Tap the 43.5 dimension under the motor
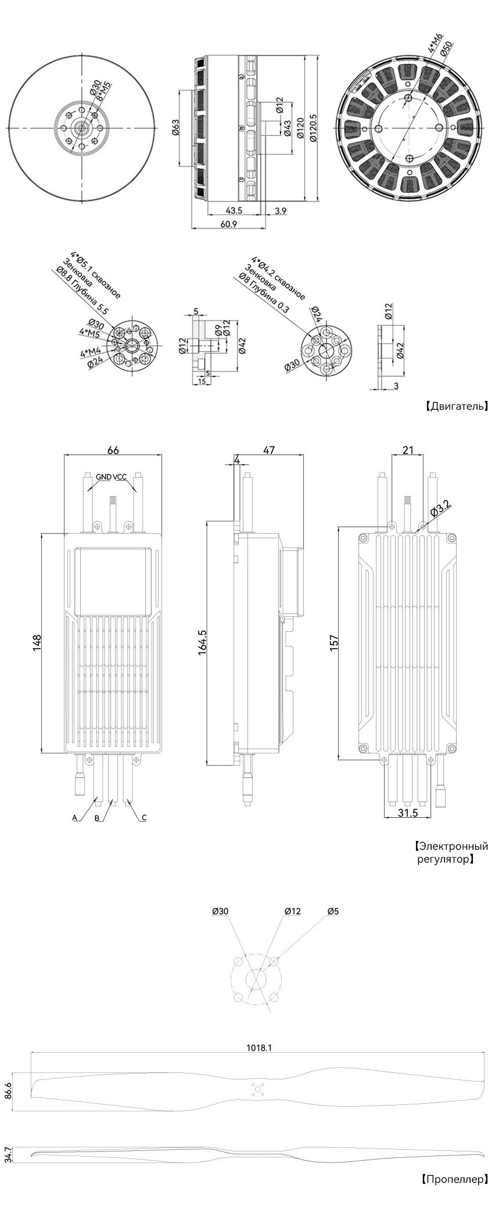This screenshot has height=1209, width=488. (x=234, y=210)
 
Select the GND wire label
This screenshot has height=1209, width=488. (x=104, y=477)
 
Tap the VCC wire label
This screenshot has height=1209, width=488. (x=120, y=477)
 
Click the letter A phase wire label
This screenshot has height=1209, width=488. (x=74, y=817)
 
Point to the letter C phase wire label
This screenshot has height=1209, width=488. (x=144, y=817)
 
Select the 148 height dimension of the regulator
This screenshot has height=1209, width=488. (x=37, y=643)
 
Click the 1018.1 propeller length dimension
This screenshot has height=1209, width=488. (x=259, y=1047)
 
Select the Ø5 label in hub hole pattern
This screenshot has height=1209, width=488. (x=333, y=911)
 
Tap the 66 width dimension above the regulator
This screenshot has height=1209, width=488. (x=114, y=450)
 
